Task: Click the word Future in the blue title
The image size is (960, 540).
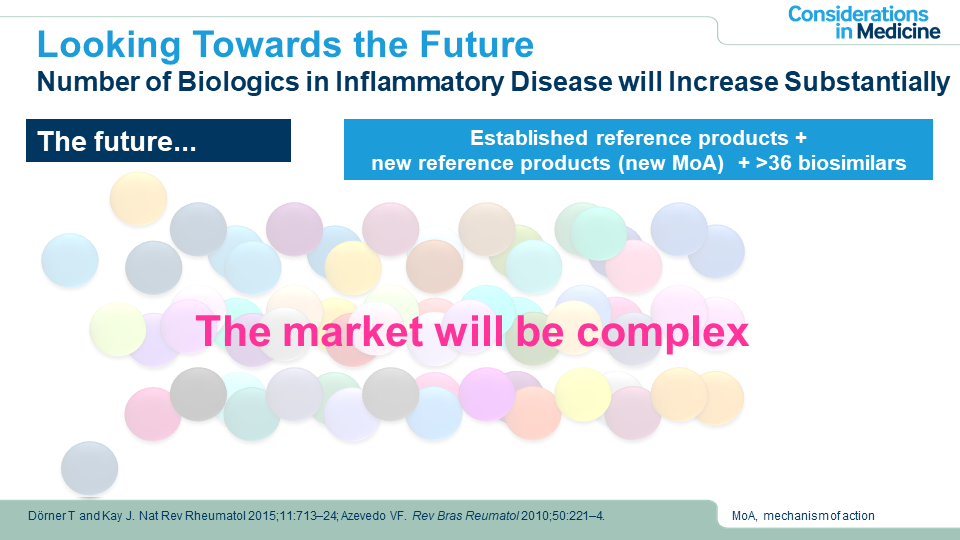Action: tap(476, 45)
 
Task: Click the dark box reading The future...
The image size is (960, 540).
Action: tap(158, 141)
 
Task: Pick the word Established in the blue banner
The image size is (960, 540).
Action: tap(528, 138)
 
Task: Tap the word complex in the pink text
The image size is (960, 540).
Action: tap(663, 333)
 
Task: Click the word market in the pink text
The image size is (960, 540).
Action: tap(353, 331)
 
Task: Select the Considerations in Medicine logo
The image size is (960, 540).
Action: tap(864, 23)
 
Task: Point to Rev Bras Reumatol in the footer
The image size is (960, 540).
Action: tap(465, 516)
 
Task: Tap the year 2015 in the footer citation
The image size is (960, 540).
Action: tap(261, 516)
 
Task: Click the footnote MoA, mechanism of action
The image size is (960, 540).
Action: tap(803, 516)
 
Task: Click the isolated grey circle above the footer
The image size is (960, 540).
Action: tap(89, 469)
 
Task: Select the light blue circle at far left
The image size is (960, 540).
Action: tap(70, 260)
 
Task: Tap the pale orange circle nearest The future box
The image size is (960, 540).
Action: tap(138, 198)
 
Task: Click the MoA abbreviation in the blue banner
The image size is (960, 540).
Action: tap(696, 163)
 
